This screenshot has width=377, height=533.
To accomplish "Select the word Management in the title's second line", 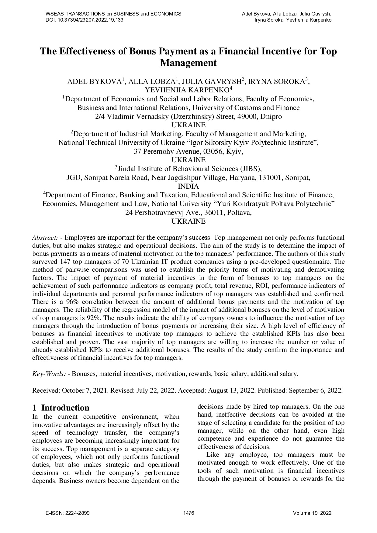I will click(x=188, y=63).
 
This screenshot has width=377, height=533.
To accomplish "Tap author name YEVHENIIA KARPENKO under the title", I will click(x=187, y=90).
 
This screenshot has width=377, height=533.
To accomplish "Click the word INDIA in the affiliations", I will click(x=188, y=186).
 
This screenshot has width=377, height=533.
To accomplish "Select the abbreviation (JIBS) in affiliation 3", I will click(x=251, y=169).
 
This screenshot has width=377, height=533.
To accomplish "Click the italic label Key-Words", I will click(x=49, y=374).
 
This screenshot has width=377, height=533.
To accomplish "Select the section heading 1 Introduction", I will click(x=61, y=408).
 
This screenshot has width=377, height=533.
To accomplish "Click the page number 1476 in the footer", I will click(x=189, y=513).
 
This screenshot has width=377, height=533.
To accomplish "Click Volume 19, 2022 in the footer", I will click(x=312, y=513).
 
